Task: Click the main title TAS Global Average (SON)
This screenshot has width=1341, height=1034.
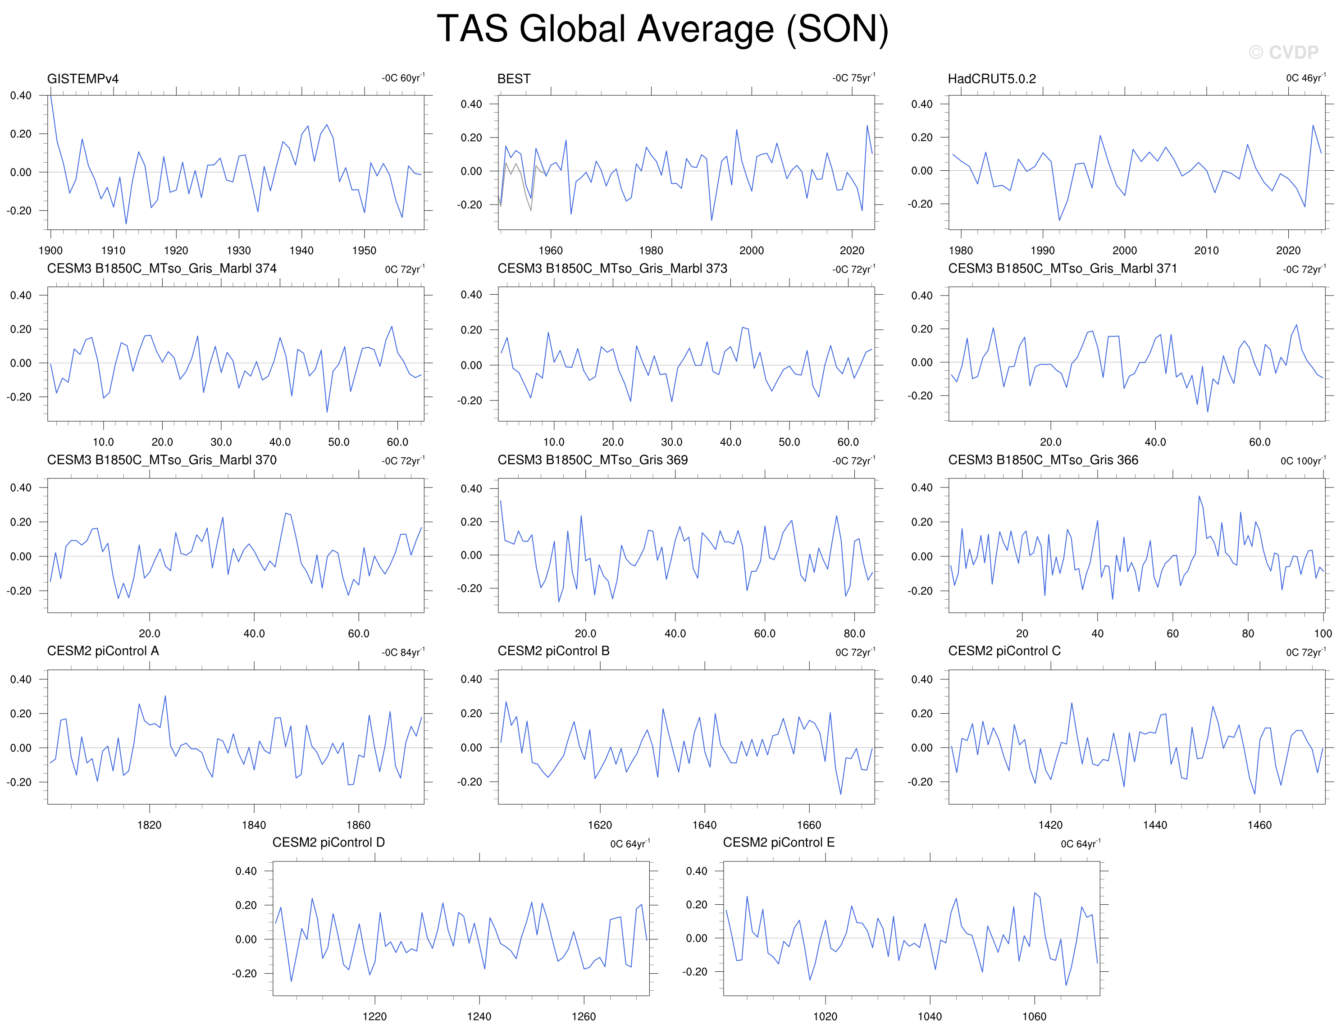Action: (x=662, y=29)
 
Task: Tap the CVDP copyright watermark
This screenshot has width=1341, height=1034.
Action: (x=1283, y=53)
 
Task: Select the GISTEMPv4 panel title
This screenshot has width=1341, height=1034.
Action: (x=83, y=78)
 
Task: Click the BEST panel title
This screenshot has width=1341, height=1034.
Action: (x=514, y=78)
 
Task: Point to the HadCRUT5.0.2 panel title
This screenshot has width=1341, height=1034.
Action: (x=992, y=78)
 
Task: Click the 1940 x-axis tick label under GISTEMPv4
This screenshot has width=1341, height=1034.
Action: (x=301, y=251)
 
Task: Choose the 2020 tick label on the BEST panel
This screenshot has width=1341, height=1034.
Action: (x=852, y=251)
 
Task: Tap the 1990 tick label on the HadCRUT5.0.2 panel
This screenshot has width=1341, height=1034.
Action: (x=1043, y=251)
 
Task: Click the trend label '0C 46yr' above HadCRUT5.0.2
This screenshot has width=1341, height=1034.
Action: (x=1306, y=78)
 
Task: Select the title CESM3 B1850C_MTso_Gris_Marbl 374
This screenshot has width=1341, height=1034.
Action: (x=162, y=269)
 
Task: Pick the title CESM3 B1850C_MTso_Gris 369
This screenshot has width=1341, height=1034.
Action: (x=593, y=460)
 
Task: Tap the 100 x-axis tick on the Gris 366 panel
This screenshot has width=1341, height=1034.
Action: (x=1323, y=633)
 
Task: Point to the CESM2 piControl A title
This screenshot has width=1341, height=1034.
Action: (x=103, y=651)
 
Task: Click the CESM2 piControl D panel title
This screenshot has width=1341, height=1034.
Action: (x=328, y=843)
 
